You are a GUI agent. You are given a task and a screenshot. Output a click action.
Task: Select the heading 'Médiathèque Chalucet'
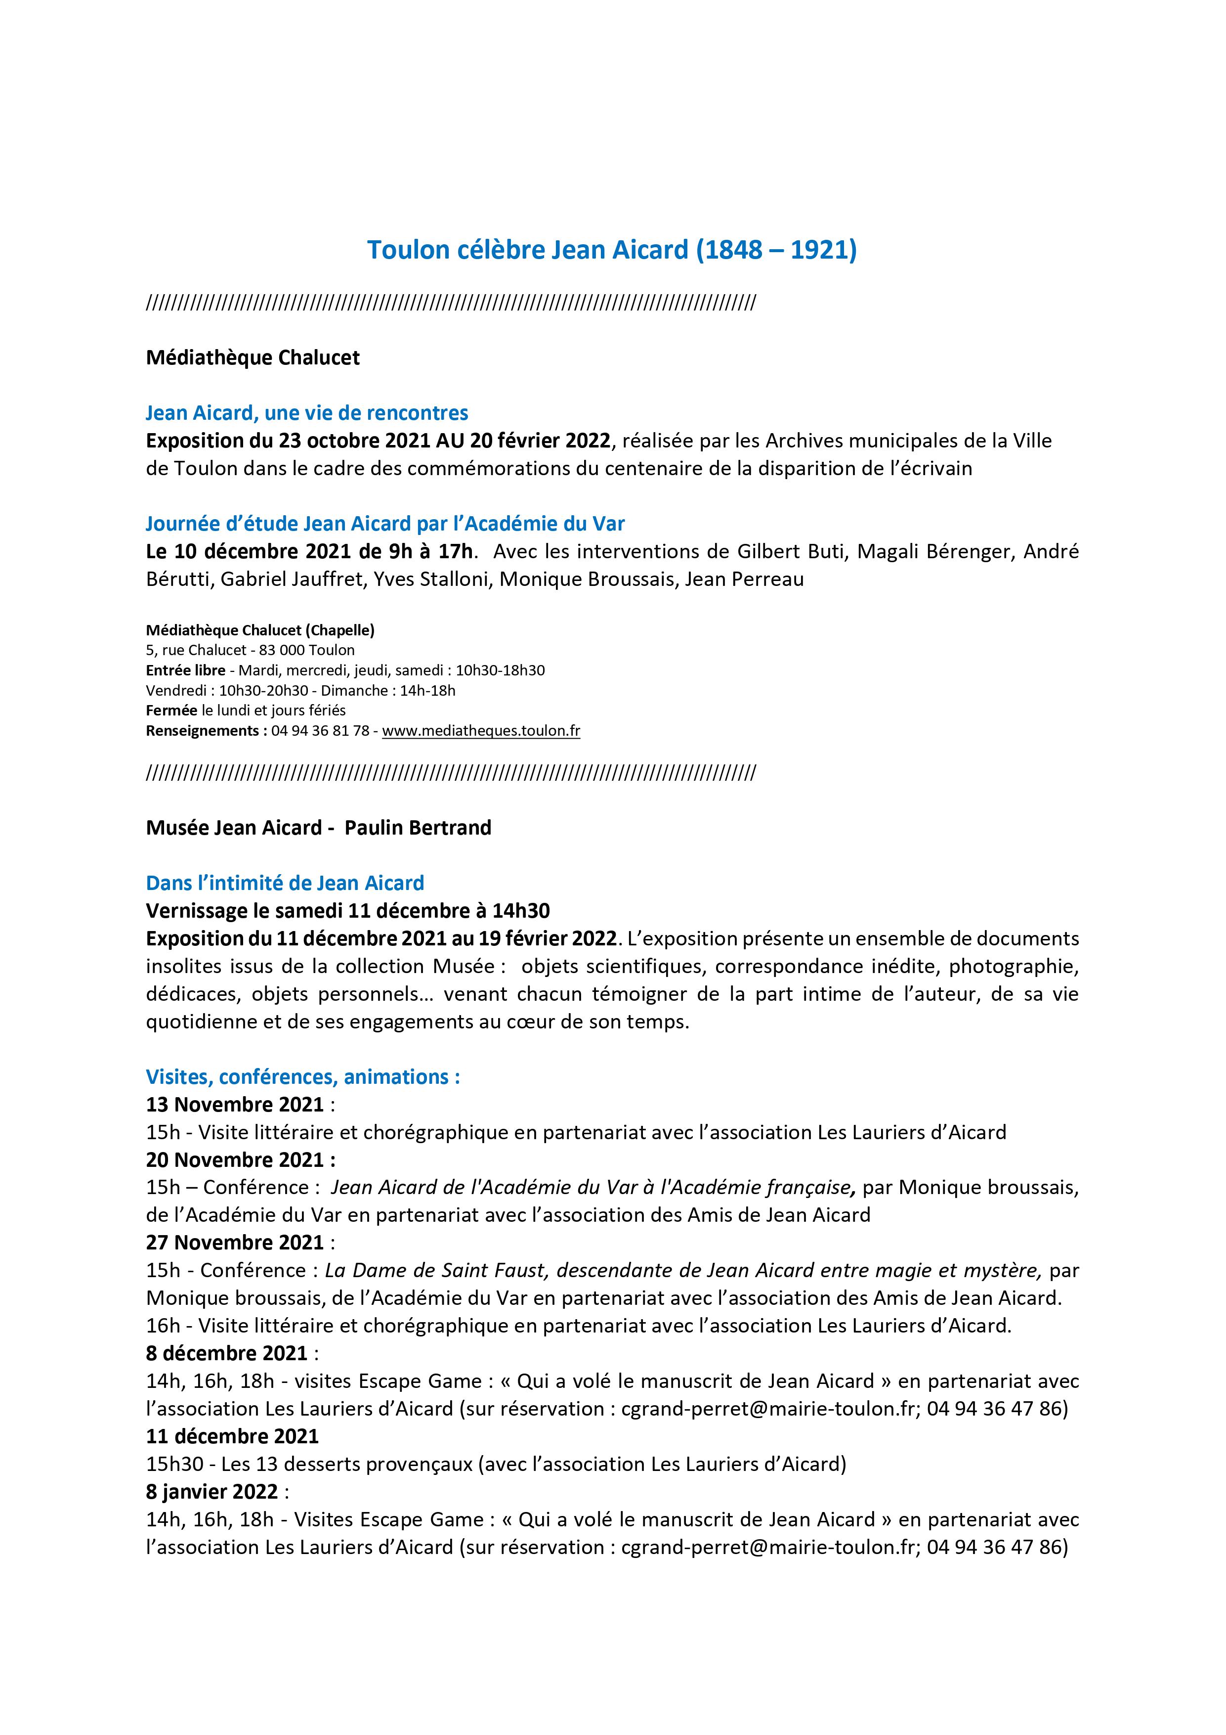coord(253,357)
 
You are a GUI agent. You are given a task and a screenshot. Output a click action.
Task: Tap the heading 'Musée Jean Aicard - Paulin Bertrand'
coord(318,827)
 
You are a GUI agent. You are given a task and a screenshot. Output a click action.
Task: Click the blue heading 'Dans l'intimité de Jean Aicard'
coord(285,883)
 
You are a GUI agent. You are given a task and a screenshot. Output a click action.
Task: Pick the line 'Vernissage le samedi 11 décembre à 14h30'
coord(347,911)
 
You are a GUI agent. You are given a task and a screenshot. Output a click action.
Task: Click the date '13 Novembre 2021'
coord(235,1104)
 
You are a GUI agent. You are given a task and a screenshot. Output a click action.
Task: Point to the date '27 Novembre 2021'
coord(235,1243)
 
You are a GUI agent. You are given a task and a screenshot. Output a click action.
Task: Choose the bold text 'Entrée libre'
coord(185,670)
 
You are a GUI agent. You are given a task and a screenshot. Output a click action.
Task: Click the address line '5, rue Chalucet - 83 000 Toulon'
coord(250,650)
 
